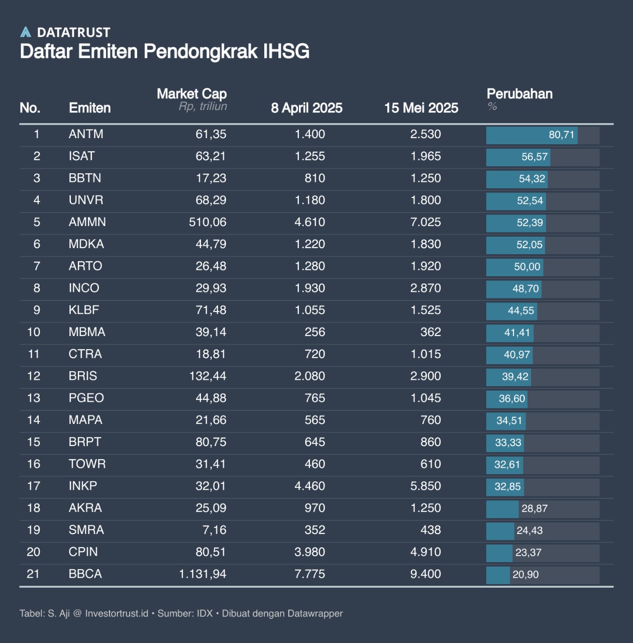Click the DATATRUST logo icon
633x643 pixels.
(x=26, y=32)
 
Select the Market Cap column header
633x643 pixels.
(x=191, y=94)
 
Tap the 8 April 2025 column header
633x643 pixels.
(x=306, y=108)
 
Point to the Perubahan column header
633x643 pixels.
(x=519, y=94)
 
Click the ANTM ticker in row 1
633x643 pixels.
(x=86, y=134)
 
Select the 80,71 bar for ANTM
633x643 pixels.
(x=532, y=135)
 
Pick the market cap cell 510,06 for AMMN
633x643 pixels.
(x=207, y=222)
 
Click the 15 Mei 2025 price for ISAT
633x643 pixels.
(x=426, y=156)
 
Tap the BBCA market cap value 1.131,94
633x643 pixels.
(x=202, y=574)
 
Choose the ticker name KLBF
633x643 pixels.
(x=84, y=310)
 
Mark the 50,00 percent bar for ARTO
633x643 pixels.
(x=514, y=267)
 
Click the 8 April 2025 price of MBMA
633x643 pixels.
(x=314, y=332)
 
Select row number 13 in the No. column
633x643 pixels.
(x=34, y=398)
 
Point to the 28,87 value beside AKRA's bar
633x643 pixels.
(x=535, y=508)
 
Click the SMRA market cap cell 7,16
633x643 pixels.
(x=215, y=530)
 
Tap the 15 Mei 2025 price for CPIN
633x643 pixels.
(x=426, y=552)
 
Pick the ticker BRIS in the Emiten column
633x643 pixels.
(x=83, y=376)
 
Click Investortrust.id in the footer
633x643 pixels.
(x=117, y=613)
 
